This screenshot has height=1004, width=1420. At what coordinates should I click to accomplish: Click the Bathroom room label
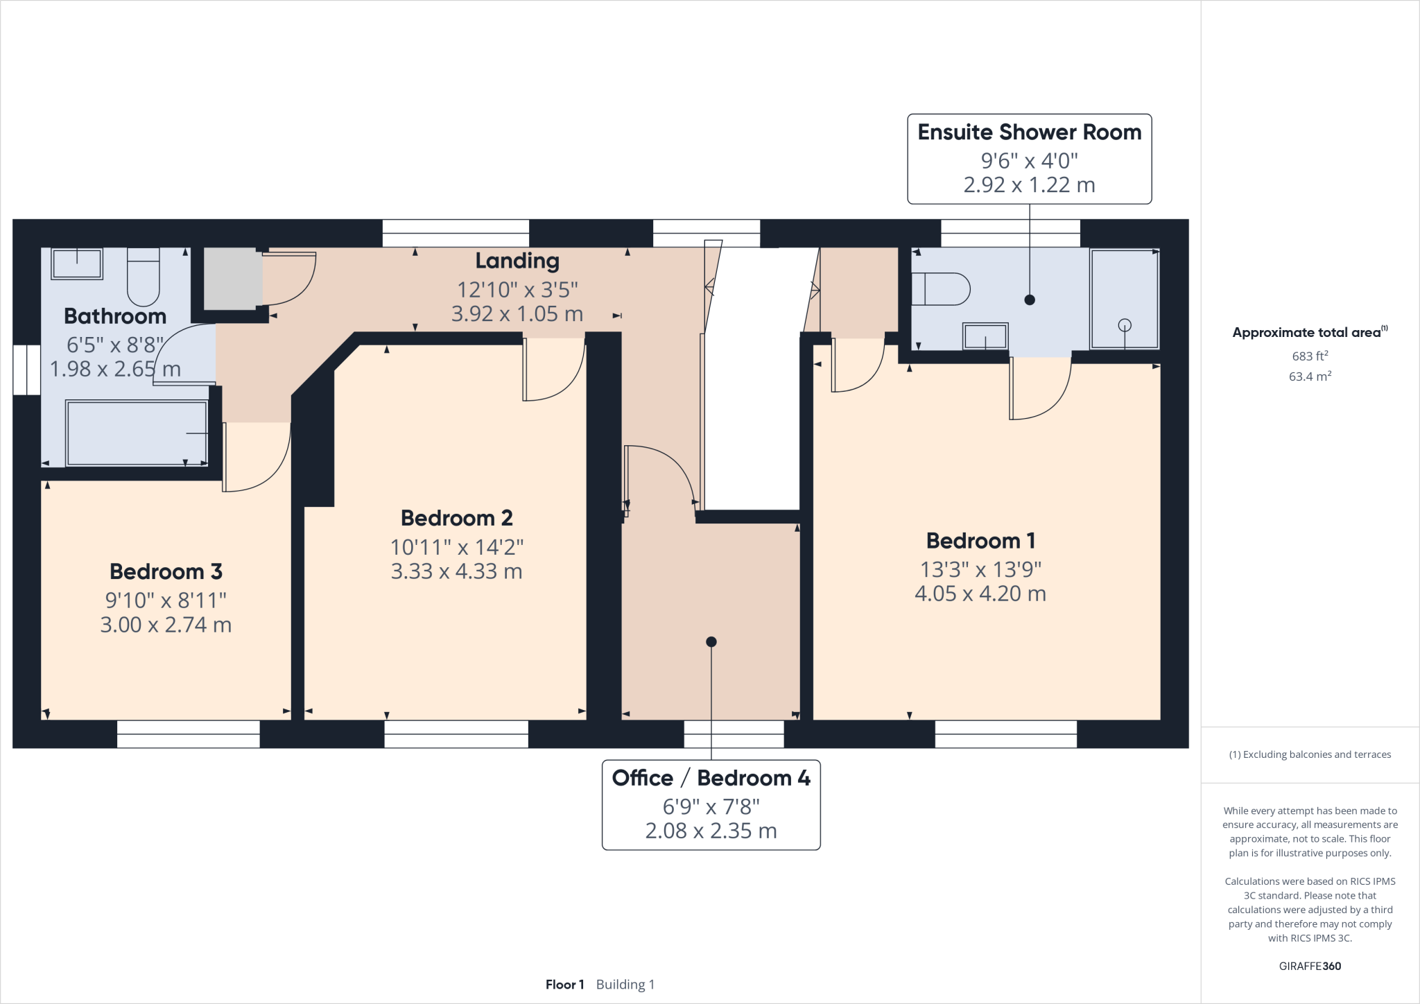point(115,316)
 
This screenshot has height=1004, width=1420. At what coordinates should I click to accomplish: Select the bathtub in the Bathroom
point(137,433)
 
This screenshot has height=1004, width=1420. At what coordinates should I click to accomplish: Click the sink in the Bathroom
point(77,263)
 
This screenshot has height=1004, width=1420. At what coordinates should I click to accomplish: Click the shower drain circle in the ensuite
point(1125,325)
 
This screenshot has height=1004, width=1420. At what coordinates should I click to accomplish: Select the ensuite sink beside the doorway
point(985,337)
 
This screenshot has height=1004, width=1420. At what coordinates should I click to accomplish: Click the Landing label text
point(517,261)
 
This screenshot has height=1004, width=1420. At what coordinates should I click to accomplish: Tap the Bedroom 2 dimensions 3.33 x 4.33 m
point(456,571)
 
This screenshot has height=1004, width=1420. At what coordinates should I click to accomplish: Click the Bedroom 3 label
point(166,571)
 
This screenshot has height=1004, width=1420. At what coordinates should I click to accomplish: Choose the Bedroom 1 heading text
point(980,541)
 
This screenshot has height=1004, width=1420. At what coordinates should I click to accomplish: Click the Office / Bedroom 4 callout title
point(711,778)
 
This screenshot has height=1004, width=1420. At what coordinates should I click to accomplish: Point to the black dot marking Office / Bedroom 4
point(711,642)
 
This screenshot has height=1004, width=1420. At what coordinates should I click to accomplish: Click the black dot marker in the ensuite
point(1030,300)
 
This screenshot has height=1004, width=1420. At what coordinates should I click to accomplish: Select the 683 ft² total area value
point(1310,356)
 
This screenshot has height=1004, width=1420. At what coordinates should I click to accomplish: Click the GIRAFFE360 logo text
point(1310,966)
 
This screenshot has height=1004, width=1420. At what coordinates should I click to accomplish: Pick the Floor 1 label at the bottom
point(564,985)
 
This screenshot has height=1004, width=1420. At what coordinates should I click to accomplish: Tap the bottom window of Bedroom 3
point(188,734)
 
